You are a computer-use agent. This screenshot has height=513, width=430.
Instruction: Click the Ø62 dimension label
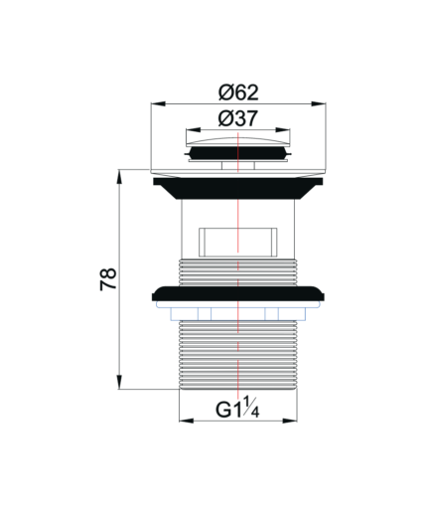click(238, 92)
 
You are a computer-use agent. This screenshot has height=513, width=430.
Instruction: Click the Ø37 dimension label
click(237, 118)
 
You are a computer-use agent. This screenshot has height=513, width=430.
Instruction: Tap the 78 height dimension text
click(108, 279)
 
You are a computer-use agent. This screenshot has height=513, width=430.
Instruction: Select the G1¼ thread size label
click(237, 408)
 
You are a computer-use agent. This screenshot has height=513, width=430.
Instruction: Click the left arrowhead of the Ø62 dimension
click(158, 103)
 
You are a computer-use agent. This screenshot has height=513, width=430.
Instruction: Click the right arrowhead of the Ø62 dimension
click(319, 103)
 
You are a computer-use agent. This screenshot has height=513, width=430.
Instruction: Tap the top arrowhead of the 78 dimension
click(119, 177)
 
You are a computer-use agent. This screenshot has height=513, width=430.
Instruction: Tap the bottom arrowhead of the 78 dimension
click(119, 382)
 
